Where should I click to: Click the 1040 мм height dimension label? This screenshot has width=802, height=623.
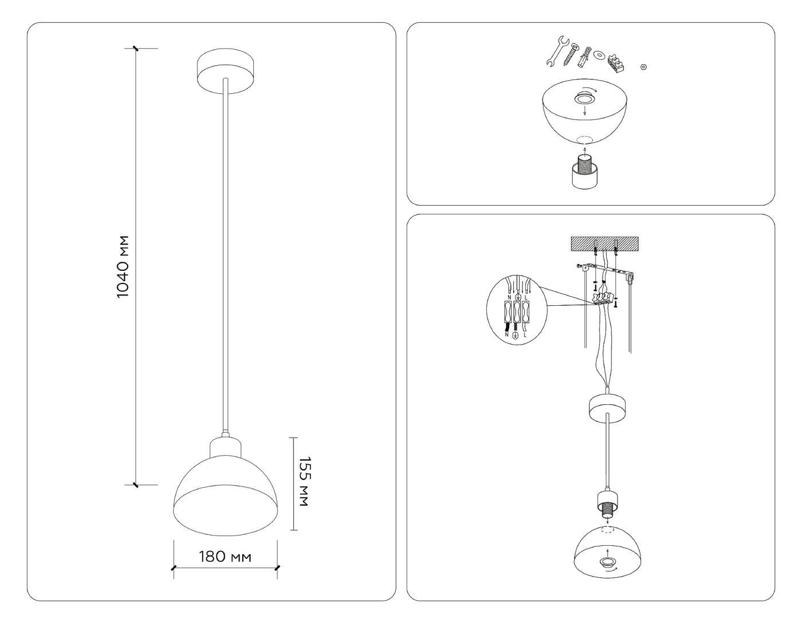point(123,266)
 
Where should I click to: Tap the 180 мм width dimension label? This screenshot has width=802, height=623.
point(225,557)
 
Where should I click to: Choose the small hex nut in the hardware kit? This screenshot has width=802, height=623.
point(643,67)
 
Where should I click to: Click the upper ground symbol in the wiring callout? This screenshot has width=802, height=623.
point(517,298)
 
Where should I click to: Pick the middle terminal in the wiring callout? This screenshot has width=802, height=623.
point(517,314)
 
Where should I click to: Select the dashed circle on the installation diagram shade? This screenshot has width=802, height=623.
point(607,531)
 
